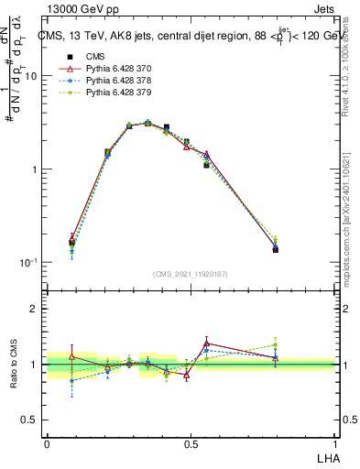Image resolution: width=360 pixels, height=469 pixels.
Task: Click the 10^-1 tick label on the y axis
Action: tap(28, 263)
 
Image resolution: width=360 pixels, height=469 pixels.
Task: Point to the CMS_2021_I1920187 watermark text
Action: tap(191, 274)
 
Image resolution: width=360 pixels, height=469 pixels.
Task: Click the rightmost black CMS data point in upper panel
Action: tap(276, 249)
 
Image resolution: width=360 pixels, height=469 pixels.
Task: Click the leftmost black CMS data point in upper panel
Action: tap(71, 244)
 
